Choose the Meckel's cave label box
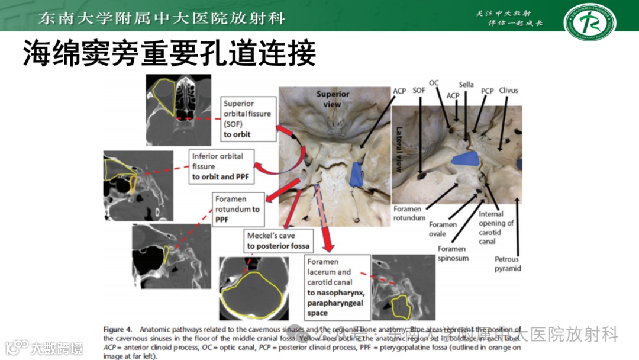pyautogui.click(x=278, y=240)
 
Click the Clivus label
pyautogui.click(x=508, y=91)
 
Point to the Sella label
pyautogui.click(x=466, y=85)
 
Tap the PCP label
pyautogui.click(x=487, y=91)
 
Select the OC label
pyautogui.click(x=434, y=83)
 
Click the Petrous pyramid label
pyautogui.click(x=508, y=263)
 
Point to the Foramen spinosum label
pyautogui.click(x=453, y=253)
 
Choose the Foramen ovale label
pyautogui.click(x=443, y=229)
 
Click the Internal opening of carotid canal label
pyautogui.click(x=496, y=227)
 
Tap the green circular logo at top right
pyautogui.click(x=589, y=22)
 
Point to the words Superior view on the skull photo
pyautogui.click(x=333, y=99)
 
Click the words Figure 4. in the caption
pyautogui.click(x=121, y=329)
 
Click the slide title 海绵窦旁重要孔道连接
pyautogui.click(x=169, y=53)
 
